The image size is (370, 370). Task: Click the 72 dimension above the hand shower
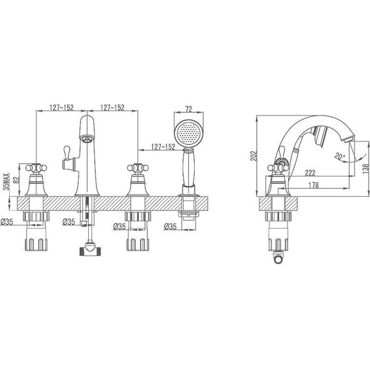pyautogui.click(x=189, y=109)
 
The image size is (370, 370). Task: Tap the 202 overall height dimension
pyautogui.click(x=254, y=156)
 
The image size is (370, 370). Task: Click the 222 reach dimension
pyautogui.click(x=310, y=173)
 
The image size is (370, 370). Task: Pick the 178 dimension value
pyautogui.click(x=314, y=185)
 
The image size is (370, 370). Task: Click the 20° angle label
pyautogui.click(x=340, y=156)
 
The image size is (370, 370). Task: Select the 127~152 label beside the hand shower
pyautogui.click(x=163, y=147)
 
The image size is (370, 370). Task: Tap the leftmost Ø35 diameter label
pyautogui.click(x=7, y=222)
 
